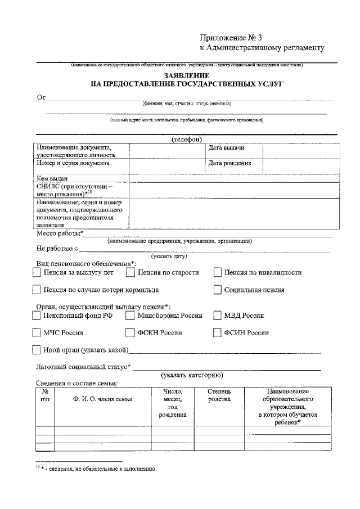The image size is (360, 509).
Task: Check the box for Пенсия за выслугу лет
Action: tap(37, 273)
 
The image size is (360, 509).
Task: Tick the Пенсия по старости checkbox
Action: tap(130, 273)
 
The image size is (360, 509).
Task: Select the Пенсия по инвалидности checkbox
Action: tap(217, 273)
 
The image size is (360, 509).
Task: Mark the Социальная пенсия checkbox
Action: tap(217, 290)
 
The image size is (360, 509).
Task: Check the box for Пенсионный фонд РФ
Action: tap(37, 316)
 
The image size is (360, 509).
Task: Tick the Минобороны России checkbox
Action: tap(130, 316)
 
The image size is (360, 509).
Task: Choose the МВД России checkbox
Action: tap(217, 316)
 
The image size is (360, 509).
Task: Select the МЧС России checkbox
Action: tap(37, 332)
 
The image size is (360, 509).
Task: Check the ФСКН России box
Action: tap(130, 332)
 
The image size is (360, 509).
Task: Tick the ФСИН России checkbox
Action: tap(217, 332)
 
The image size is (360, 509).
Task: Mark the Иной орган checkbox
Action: tap(37, 350)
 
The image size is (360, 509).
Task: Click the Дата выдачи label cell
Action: tap(226, 148)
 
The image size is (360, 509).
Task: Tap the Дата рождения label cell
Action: tap(229, 164)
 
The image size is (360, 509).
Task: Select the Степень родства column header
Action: tap(219, 395)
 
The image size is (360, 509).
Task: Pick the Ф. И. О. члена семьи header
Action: tap(103, 399)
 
